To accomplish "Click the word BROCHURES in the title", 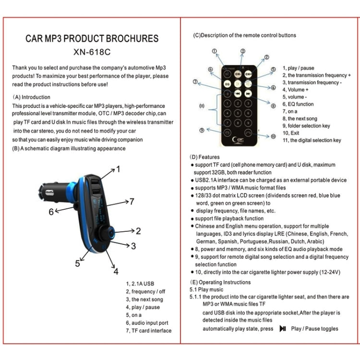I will (x=130, y=39).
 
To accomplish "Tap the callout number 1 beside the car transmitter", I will (x=118, y=169).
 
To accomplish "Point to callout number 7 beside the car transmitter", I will (x=132, y=202).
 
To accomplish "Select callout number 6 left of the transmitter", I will (x=51, y=211).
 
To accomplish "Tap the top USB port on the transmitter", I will (x=94, y=181).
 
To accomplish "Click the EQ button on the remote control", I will (x=228, y=84).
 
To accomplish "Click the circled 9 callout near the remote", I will (x=201, y=130).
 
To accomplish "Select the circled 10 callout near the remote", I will (x=273, y=136).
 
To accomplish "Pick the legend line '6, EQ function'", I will (x=298, y=104).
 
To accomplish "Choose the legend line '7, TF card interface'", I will (x=148, y=331).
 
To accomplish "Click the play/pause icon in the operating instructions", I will (x=283, y=329).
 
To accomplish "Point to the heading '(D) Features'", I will (x=205, y=157).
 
